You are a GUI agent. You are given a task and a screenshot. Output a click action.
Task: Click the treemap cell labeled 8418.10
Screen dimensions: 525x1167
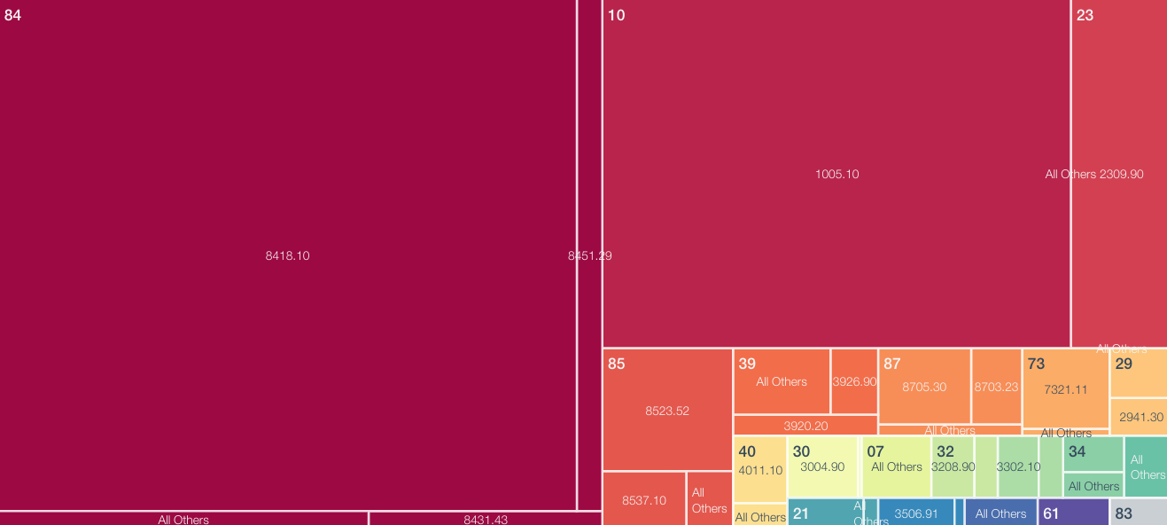click(x=288, y=255)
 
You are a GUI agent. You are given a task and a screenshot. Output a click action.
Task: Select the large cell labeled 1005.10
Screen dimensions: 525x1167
click(x=836, y=174)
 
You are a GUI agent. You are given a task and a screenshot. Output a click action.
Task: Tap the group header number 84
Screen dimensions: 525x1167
click(x=12, y=15)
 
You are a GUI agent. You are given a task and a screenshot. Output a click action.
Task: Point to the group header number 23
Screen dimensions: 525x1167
click(x=1085, y=15)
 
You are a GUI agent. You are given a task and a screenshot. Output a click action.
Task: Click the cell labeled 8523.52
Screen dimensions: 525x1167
click(x=667, y=411)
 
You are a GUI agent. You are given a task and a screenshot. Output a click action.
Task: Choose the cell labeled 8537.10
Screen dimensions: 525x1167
click(x=644, y=500)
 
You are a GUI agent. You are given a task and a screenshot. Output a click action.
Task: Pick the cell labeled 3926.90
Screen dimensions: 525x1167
click(x=854, y=381)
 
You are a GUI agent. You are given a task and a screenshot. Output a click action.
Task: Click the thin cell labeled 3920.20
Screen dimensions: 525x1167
click(x=805, y=426)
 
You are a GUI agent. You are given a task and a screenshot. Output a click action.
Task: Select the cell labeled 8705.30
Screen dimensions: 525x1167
click(x=924, y=387)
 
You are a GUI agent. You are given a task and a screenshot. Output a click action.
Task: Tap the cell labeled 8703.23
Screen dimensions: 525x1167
click(x=996, y=387)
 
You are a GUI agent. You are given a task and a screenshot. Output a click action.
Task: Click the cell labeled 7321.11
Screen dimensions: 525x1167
click(x=1065, y=389)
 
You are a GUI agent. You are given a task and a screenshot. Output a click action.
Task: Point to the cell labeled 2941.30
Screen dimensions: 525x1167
click(x=1140, y=417)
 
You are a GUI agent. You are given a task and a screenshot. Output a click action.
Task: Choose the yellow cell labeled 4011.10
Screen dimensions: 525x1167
click(x=760, y=471)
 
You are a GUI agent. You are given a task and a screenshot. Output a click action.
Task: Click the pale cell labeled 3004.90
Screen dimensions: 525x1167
click(x=822, y=466)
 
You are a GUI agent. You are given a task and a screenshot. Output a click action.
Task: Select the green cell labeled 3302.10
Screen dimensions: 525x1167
click(x=1018, y=466)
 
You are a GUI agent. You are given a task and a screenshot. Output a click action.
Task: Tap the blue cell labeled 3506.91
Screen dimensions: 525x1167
click(x=916, y=513)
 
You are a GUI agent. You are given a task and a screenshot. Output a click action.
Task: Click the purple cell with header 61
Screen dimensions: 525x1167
click(x=1074, y=513)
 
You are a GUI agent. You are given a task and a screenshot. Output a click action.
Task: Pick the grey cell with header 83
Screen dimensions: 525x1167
click(x=1139, y=513)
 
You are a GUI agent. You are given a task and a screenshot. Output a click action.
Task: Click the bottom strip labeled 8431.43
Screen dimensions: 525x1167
click(x=486, y=519)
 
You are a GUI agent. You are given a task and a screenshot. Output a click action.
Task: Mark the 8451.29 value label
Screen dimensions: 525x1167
click(x=589, y=255)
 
